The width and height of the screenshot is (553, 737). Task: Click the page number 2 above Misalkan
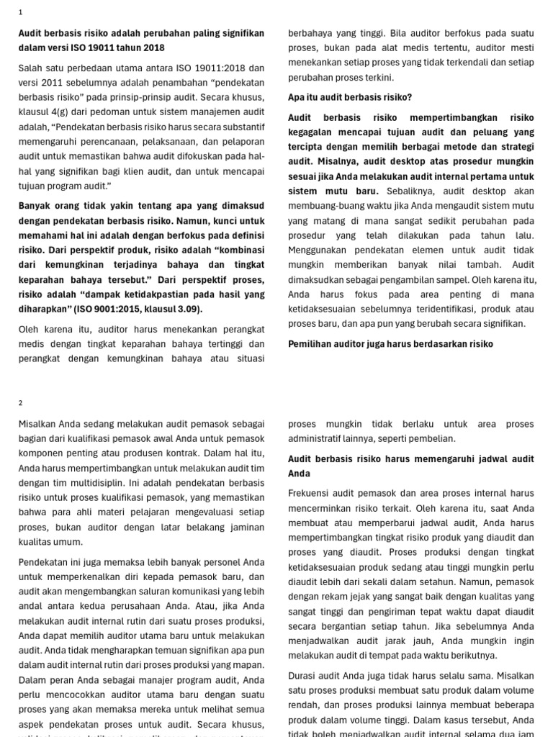pyautogui.click(x=21, y=403)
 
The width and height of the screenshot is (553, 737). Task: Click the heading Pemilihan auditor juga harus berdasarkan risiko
pyautogui.click(x=390, y=344)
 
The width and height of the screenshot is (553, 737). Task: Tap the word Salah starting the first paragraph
pyautogui.click(x=31, y=68)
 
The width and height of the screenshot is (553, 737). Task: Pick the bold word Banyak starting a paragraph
pyautogui.click(x=35, y=206)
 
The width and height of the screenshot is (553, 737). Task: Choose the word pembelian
pyautogui.click(x=432, y=438)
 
